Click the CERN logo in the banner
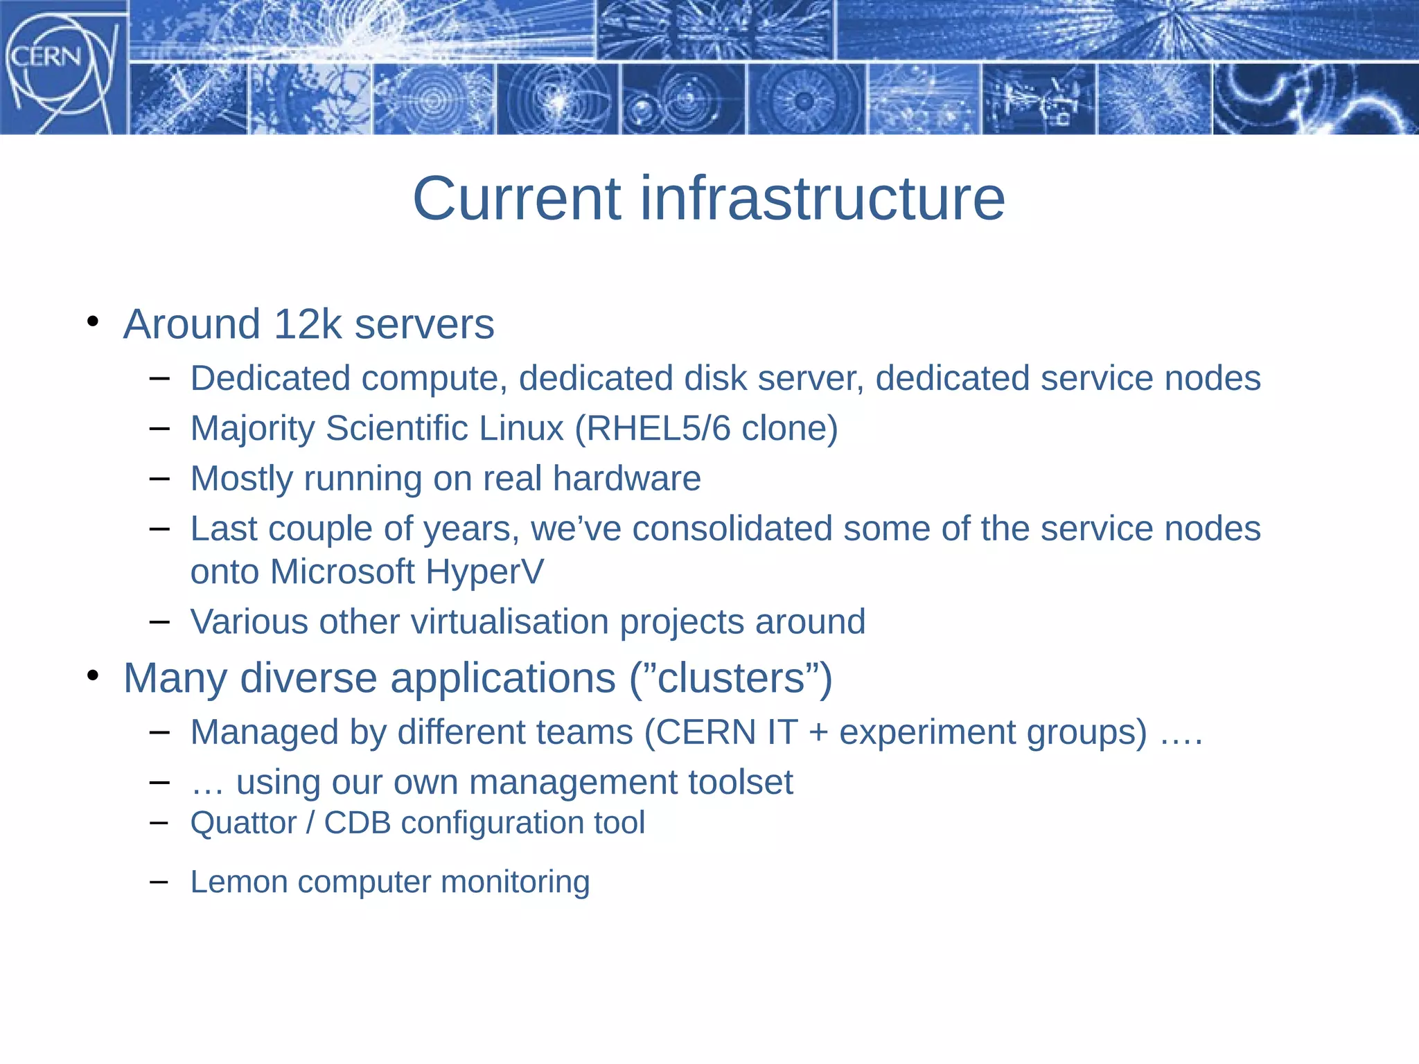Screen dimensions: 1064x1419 click(x=61, y=68)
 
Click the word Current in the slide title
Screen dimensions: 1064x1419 click(x=516, y=199)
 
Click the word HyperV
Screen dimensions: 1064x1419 click(x=484, y=572)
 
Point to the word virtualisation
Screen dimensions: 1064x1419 click(x=509, y=622)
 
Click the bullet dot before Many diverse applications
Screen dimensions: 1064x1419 click(x=93, y=675)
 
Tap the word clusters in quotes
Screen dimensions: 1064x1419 click(x=730, y=678)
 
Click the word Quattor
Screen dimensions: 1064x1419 click(x=243, y=824)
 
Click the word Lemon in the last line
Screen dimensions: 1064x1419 click(x=238, y=883)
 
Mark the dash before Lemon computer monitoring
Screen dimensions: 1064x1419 click(x=159, y=882)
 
